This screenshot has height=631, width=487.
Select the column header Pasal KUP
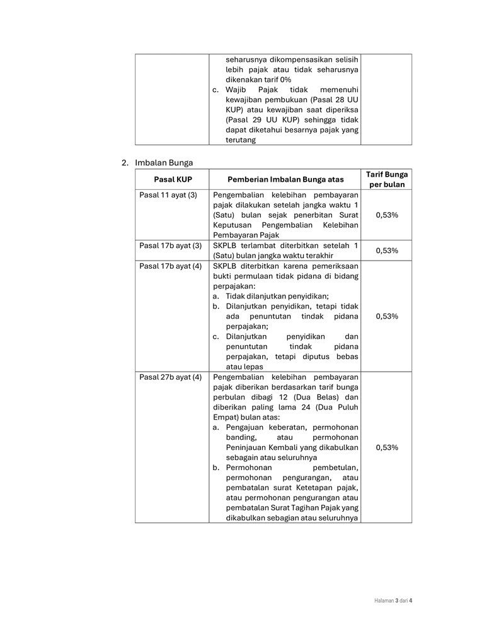pyautogui.click(x=173, y=179)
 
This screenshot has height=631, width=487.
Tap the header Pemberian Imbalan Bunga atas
pyautogui.click(x=285, y=179)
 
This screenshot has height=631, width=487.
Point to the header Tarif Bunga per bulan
pyautogui.click(x=386, y=179)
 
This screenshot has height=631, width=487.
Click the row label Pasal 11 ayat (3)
pyautogui.click(x=168, y=195)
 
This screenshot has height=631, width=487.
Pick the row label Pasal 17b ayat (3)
pyautogui.click(x=171, y=245)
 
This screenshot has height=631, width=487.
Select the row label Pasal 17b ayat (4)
pyautogui.click(x=171, y=266)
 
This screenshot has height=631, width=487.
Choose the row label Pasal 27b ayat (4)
pyautogui.click(x=171, y=377)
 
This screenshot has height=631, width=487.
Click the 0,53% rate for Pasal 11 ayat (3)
pyautogui.click(x=386, y=215)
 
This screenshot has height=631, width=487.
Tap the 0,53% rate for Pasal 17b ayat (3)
pyautogui.click(x=386, y=251)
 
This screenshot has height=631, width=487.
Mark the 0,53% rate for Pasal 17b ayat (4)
pyautogui.click(x=386, y=316)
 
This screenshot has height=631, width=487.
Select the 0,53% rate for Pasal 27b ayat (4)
pyautogui.click(x=386, y=447)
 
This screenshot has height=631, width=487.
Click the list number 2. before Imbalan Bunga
pyautogui.click(x=125, y=163)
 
